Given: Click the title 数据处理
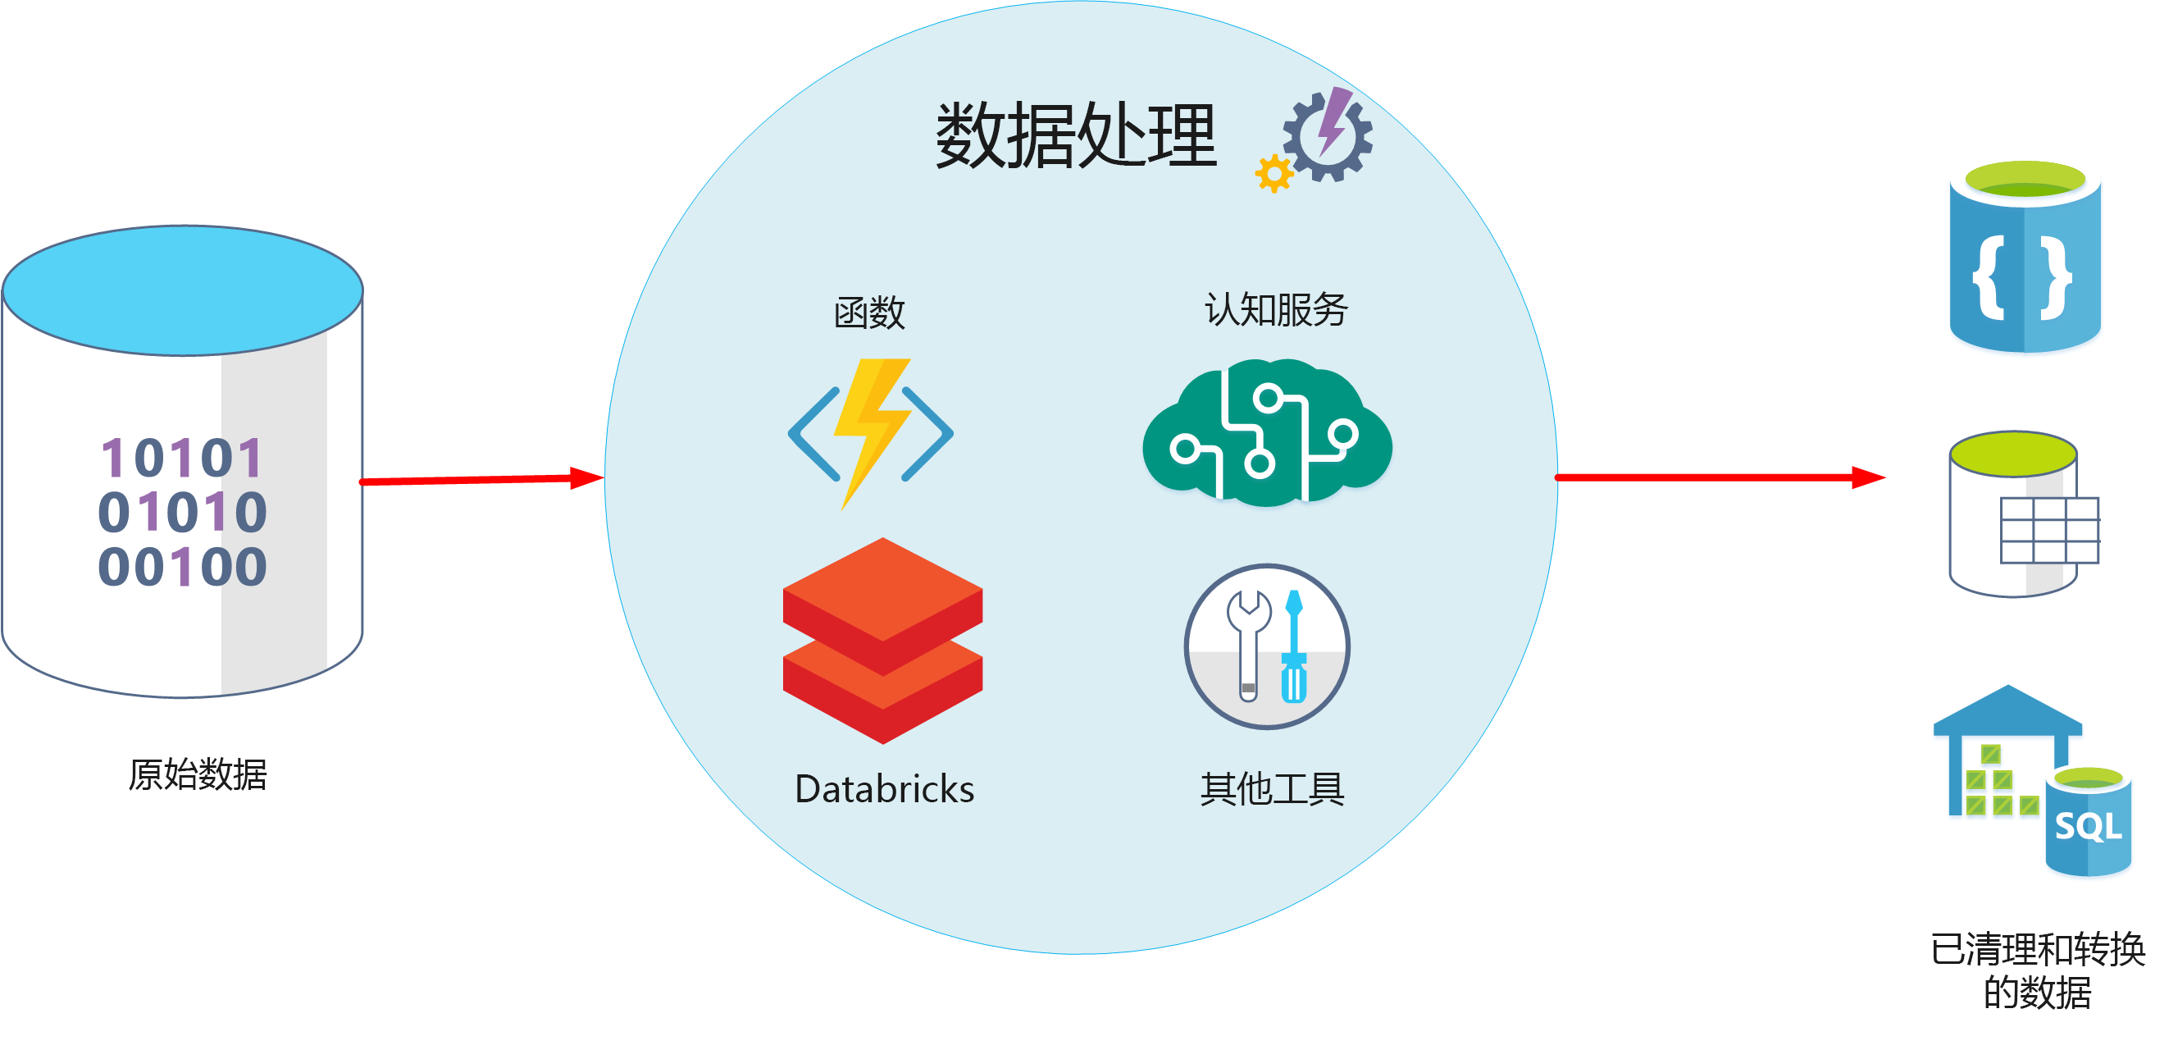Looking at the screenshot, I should pyautogui.click(x=1076, y=135).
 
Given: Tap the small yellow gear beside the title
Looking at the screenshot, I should pyautogui.click(x=1274, y=173).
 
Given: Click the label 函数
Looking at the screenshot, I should pyautogui.click(x=869, y=313).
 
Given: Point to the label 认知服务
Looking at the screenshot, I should pyautogui.click(x=1276, y=309).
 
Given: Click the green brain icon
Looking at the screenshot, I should pyautogui.click(x=1267, y=433).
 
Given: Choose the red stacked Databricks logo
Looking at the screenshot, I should pyautogui.click(x=882, y=641).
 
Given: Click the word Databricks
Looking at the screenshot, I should pyautogui.click(x=884, y=789).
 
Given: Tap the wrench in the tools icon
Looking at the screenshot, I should pyautogui.click(x=1248, y=643).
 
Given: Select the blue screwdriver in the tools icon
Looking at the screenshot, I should pyautogui.click(x=1294, y=647).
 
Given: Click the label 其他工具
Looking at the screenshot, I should pyautogui.click(x=1273, y=789).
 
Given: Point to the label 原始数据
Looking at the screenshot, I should pyautogui.click(x=198, y=774).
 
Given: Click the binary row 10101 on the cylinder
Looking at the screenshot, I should pyautogui.click(x=183, y=458).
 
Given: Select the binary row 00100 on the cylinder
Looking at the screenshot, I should pyautogui.click(x=183, y=566).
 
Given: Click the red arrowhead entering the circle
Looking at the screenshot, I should pyautogui.click(x=587, y=478).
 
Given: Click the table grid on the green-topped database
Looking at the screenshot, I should pyautogui.click(x=2048, y=531).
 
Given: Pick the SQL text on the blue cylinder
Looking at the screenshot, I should pyautogui.click(x=2088, y=826).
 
